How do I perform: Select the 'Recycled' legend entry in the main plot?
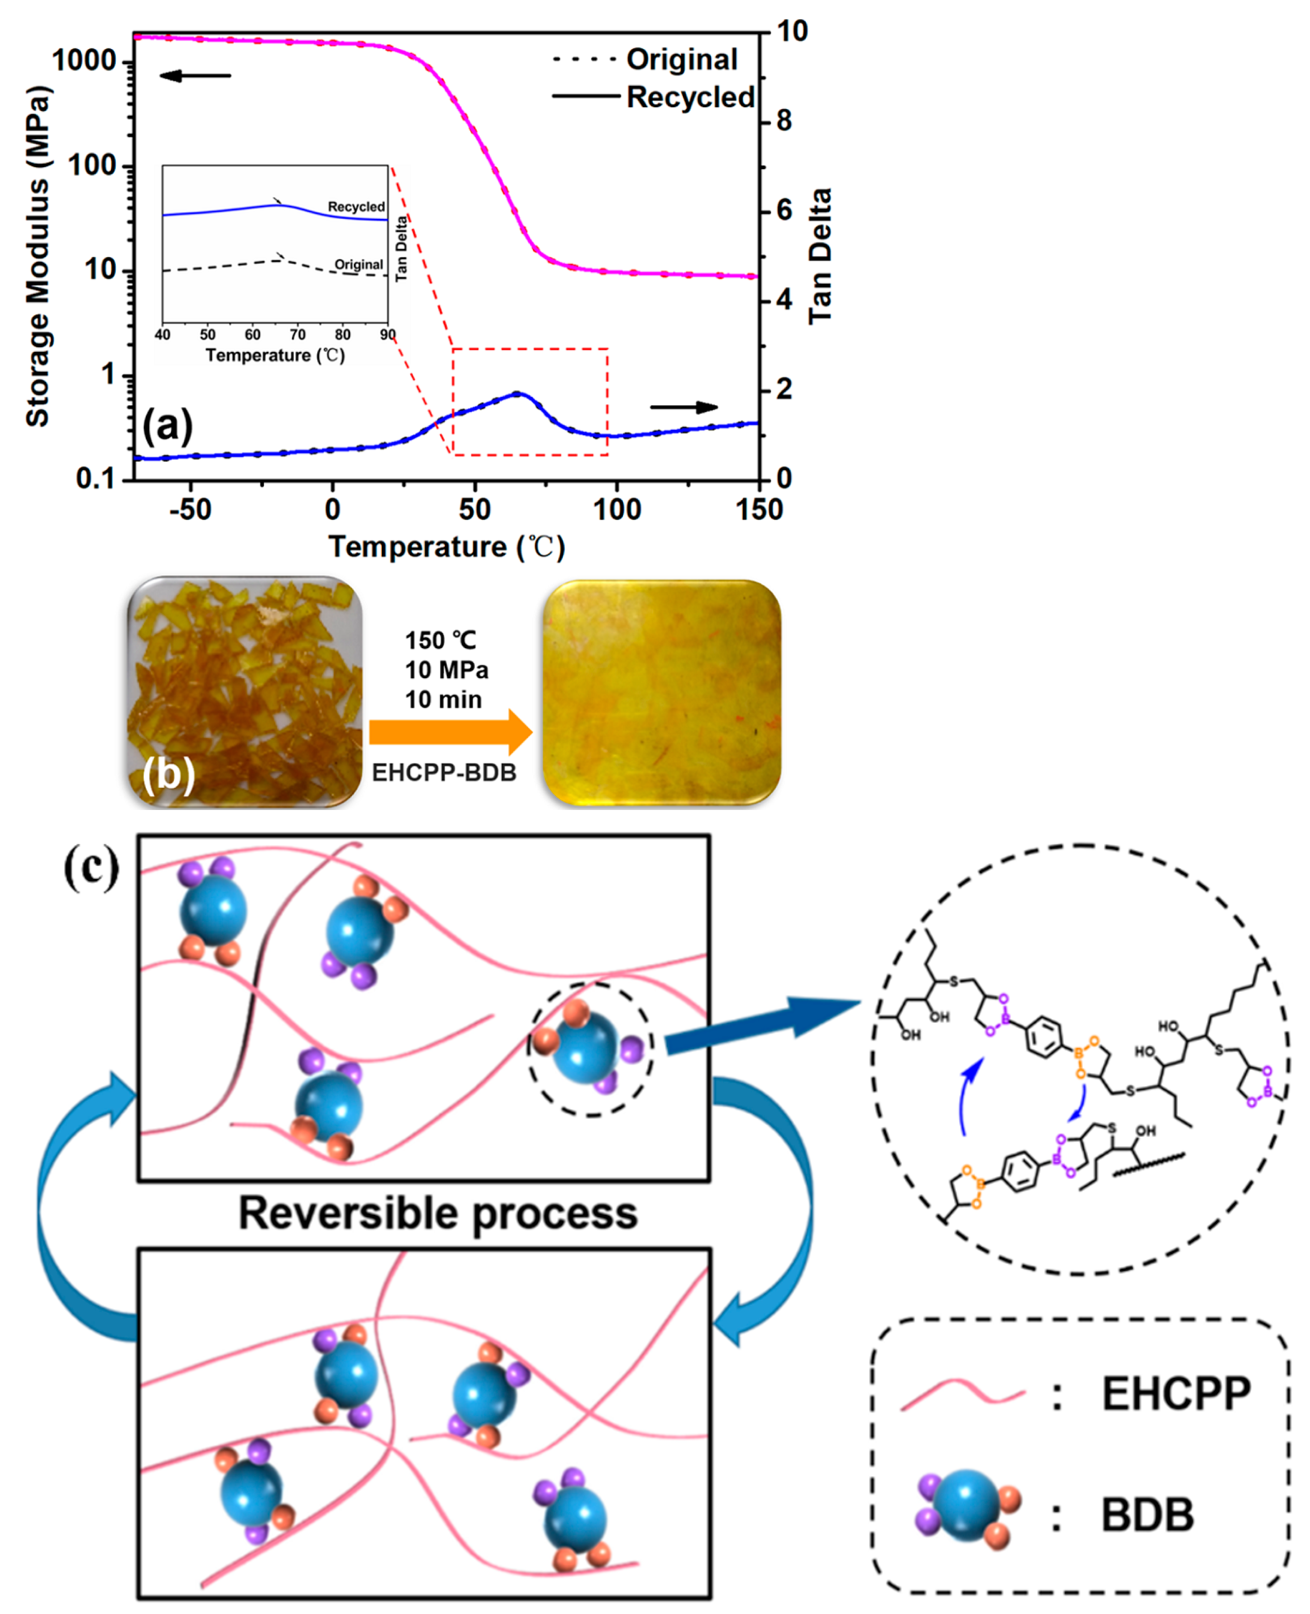tap(689, 97)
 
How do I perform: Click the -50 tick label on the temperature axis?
tap(189, 510)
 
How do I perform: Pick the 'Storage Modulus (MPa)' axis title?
tap(38, 257)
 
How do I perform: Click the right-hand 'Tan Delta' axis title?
tap(820, 257)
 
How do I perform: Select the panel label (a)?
tap(167, 425)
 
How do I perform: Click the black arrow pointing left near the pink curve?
tap(195, 76)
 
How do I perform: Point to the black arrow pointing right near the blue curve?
tap(683, 408)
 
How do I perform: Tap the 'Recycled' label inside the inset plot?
tap(356, 207)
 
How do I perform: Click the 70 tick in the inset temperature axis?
tap(297, 335)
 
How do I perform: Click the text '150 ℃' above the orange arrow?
tap(441, 640)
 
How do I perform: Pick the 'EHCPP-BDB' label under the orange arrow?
tap(444, 773)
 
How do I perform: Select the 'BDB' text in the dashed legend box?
tap(1147, 1514)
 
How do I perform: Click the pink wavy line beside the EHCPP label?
tap(963, 1394)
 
